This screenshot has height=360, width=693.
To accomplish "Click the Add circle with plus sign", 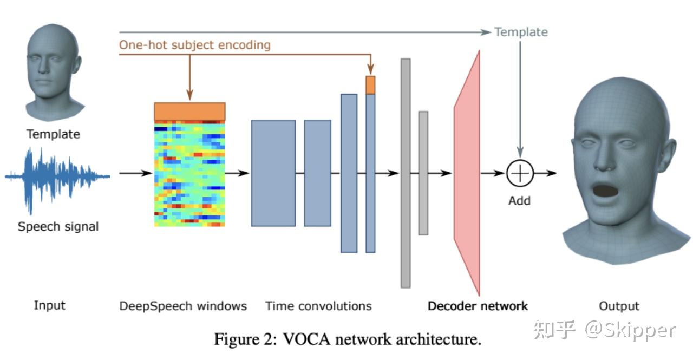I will click(520, 173).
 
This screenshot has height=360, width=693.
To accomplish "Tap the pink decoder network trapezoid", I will click(467, 173).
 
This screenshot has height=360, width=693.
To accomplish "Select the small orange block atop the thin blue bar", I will click(370, 85).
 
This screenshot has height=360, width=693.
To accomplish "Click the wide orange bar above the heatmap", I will click(189, 111).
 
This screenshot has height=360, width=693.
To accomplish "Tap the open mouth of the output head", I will click(606, 190).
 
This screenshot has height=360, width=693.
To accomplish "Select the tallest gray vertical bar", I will click(406, 173).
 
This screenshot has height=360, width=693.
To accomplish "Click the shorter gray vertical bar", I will click(423, 173).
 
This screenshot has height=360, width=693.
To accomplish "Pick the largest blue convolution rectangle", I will click(273, 173).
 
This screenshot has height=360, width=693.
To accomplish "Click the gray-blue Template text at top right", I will click(521, 32).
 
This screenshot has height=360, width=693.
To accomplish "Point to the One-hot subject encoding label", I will click(194, 45).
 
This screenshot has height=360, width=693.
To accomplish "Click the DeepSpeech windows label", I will click(183, 306).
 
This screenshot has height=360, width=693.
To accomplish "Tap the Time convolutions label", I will click(318, 306).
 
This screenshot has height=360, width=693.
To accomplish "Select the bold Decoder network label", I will click(478, 306).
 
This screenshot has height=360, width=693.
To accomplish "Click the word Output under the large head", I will click(619, 306).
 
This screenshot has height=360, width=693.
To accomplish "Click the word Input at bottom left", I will click(50, 305).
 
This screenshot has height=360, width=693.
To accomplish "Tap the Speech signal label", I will click(58, 226).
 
